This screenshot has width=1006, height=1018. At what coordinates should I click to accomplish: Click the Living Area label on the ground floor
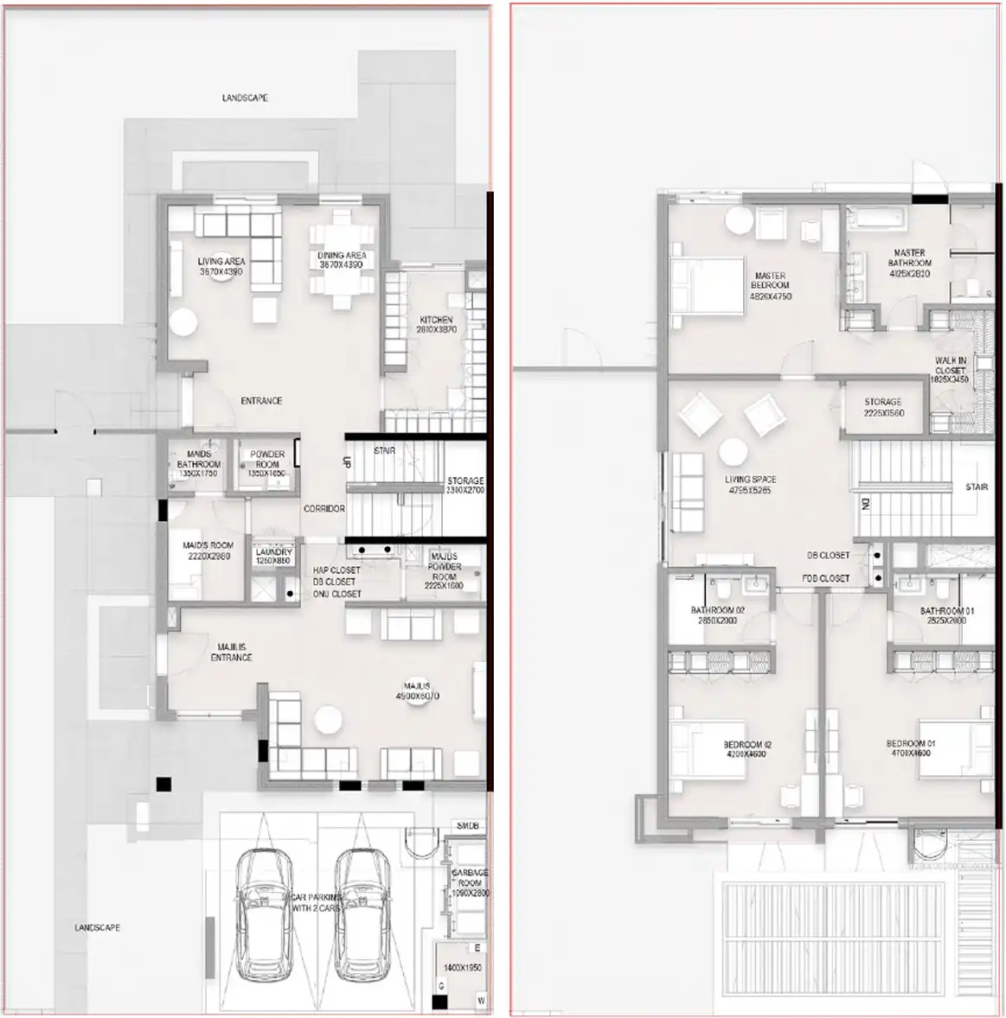[x=221, y=266]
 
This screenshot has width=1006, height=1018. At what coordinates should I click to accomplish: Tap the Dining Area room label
[x=342, y=260]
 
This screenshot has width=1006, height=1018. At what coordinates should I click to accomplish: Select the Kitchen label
[x=436, y=324]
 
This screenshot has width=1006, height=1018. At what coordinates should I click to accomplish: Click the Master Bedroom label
[x=770, y=286]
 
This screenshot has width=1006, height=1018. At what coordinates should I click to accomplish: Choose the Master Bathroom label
[x=909, y=263]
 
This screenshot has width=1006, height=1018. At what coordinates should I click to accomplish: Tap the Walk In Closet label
[x=950, y=370]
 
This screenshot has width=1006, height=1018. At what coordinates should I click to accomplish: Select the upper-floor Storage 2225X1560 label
[x=882, y=407]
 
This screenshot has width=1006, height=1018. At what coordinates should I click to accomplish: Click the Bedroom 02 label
[x=747, y=748]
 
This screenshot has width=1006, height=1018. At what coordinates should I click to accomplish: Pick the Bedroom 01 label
[x=910, y=748]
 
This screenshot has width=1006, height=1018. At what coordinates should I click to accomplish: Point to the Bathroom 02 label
[x=717, y=615]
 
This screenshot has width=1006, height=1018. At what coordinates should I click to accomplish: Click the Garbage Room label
[x=470, y=882]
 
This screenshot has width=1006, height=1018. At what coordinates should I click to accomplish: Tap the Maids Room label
[x=208, y=550]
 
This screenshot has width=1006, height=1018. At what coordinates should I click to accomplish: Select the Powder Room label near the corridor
[x=267, y=463]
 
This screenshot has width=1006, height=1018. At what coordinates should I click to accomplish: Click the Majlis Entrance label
[x=231, y=652]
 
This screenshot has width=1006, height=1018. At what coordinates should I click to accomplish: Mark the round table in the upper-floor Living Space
[x=734, y=452]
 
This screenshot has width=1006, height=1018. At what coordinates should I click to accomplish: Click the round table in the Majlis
[x=329, y=719]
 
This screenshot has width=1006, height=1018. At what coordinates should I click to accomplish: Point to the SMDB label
[x=467, y=826]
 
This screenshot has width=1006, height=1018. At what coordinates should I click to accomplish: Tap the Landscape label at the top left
[x=245, y=99]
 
